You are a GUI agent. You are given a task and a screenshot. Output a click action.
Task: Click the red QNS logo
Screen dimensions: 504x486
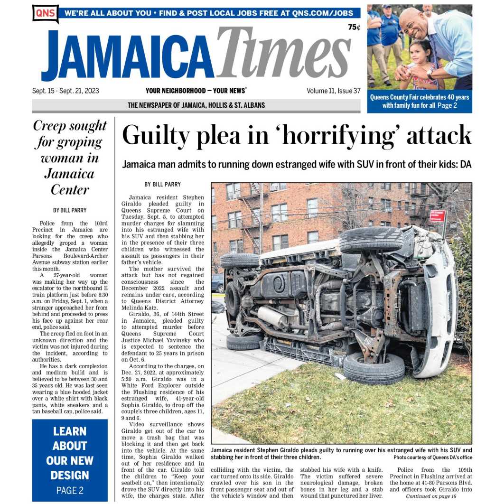[45, 13]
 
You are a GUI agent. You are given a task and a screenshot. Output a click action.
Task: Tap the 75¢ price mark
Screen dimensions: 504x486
[354, 28]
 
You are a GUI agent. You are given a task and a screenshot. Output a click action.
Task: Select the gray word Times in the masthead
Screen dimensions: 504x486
[284, 53]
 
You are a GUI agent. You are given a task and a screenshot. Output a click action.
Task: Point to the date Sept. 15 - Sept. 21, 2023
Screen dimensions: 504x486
[65, 91]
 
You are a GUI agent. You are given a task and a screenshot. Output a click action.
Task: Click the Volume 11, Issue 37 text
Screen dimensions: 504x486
[333, 91]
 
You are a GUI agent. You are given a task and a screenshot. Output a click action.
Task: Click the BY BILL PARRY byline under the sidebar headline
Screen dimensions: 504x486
[70, 210]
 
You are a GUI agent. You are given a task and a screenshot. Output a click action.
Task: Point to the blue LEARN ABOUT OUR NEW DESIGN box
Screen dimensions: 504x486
[70, 459]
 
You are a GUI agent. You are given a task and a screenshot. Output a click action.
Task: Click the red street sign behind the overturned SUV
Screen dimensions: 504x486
[437, 216]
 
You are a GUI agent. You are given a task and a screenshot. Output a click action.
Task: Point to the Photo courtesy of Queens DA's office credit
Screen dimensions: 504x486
[432, 457]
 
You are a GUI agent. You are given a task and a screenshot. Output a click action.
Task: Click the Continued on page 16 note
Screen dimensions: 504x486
[431, 496]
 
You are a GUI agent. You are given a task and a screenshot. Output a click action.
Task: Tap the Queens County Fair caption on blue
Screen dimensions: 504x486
[420, 101]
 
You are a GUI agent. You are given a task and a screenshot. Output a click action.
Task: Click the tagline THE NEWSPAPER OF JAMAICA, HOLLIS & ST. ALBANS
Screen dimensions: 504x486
[196, 105]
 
